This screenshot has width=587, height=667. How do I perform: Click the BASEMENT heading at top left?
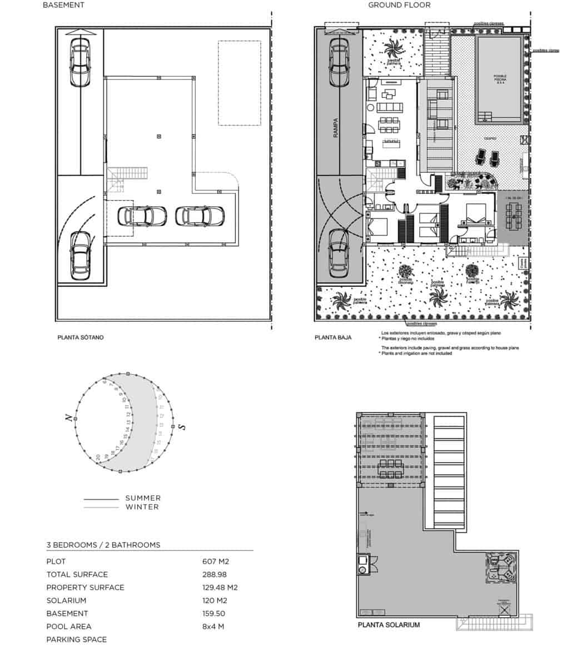[63, 5]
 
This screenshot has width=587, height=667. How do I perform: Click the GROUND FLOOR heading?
[399, 5]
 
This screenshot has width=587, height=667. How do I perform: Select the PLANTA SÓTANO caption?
[81, 337]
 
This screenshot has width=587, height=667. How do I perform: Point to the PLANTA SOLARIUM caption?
[389, 625]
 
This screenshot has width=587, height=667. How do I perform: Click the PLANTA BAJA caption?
[333, 337]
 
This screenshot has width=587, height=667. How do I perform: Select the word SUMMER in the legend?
[143, 498]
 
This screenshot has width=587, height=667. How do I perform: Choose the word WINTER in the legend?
[142, 507]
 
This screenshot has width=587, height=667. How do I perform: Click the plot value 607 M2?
[216, 561]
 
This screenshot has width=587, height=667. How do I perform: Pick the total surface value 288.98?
[215, 574]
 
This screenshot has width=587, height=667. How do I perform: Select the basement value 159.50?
[215, 614]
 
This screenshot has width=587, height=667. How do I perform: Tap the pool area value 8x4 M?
[214, 626]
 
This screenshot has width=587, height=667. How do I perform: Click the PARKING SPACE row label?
[77, 639]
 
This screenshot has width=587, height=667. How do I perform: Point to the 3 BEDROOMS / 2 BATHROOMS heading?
[103, 545]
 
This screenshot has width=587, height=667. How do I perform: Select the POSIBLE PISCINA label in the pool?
[500, 78]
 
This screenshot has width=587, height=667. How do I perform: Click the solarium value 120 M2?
[216, 600]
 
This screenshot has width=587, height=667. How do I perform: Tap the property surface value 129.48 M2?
[220, 588]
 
